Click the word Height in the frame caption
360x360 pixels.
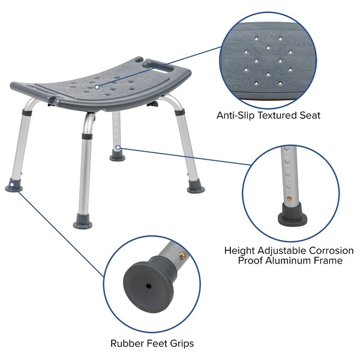coord(239,250)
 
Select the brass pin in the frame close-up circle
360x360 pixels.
coord(289,198)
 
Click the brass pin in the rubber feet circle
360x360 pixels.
coord(179,256)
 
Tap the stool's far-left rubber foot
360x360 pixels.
coord(14,187)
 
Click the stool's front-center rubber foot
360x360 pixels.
coord(83,224)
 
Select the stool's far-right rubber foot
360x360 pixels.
coord(196,188)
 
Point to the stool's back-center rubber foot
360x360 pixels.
coord(118,157)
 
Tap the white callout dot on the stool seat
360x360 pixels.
coord(96,88)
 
